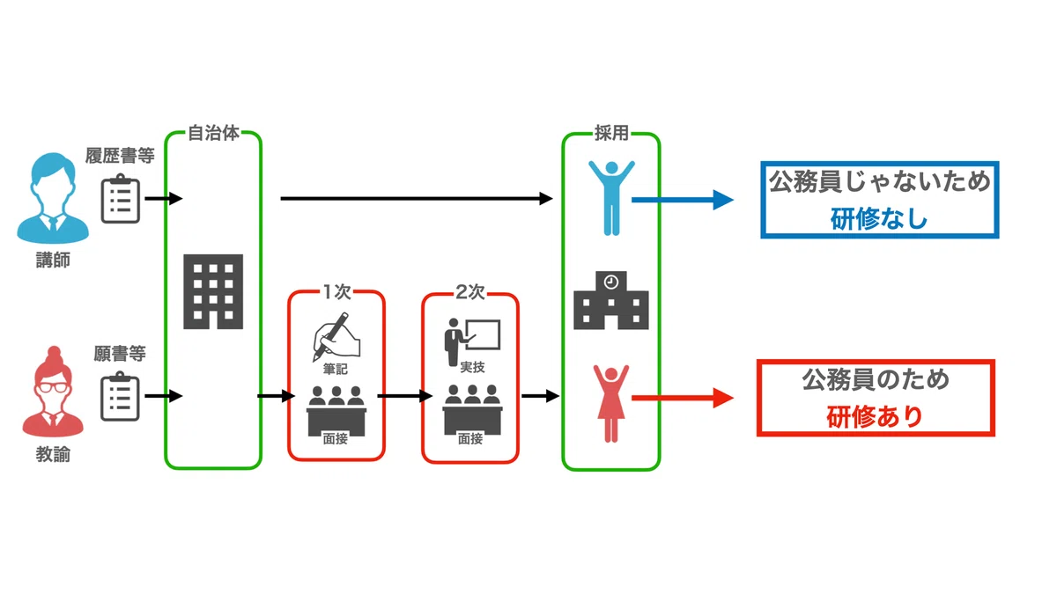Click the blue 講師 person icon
pyautogui.click(x=53, y=198)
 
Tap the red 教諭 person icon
pyautogui.click(x=53, y=392)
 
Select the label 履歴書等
pyautogui.click(x=120, y=156)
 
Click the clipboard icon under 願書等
pyautogui.click(x=121, y=396)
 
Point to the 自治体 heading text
pyautogui.click(x=214, y=133)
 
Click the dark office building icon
pyautogui.click(x=213, y=291)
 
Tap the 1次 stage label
pyautogui.click(x=336, y=292)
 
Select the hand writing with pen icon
pyautogui.click(x=336, y=336)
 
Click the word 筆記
pyautogui.click(x=336, y=369)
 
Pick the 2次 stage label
pyautogui.click(x=470, y=292)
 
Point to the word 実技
pyautogui.click(x=472, y=367)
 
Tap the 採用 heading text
pyautogui.click(x=611, y=134)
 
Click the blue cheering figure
pyautogui.click(x=611, y=198)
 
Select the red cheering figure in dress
pyautogui.click(x=611, y=403)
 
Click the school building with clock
pyautogui.click(x=611, y=300)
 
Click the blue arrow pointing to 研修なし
pyautogui.click(x=683, y=200)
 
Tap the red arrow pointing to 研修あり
pyautogui.click(x=683, y=398)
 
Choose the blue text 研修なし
pyautogui.click(x=879, y=219)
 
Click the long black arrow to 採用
pyautogui.click(x=417, y=199)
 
